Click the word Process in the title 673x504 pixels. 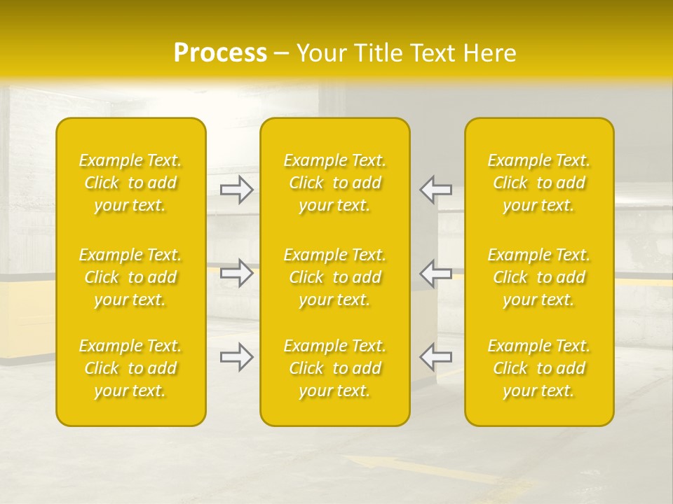[220, 53]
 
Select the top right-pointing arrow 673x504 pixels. [237, 189]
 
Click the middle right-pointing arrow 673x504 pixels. [237, 273]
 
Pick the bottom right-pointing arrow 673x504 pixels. [237, 357]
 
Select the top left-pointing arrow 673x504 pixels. [435, 189]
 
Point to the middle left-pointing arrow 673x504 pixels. [435, 273]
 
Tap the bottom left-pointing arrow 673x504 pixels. [435, 357]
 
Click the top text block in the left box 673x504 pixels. [130, 183]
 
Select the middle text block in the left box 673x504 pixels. [130, 277]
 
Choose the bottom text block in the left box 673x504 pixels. [130, 368]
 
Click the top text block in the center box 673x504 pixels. [334, 183]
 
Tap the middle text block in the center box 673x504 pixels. [334, 277]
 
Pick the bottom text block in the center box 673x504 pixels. [334, 368]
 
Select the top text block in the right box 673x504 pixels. [538, 183]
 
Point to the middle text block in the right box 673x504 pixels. [538, 277]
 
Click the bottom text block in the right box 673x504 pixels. [538, 368]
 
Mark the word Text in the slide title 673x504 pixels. [431, 53]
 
